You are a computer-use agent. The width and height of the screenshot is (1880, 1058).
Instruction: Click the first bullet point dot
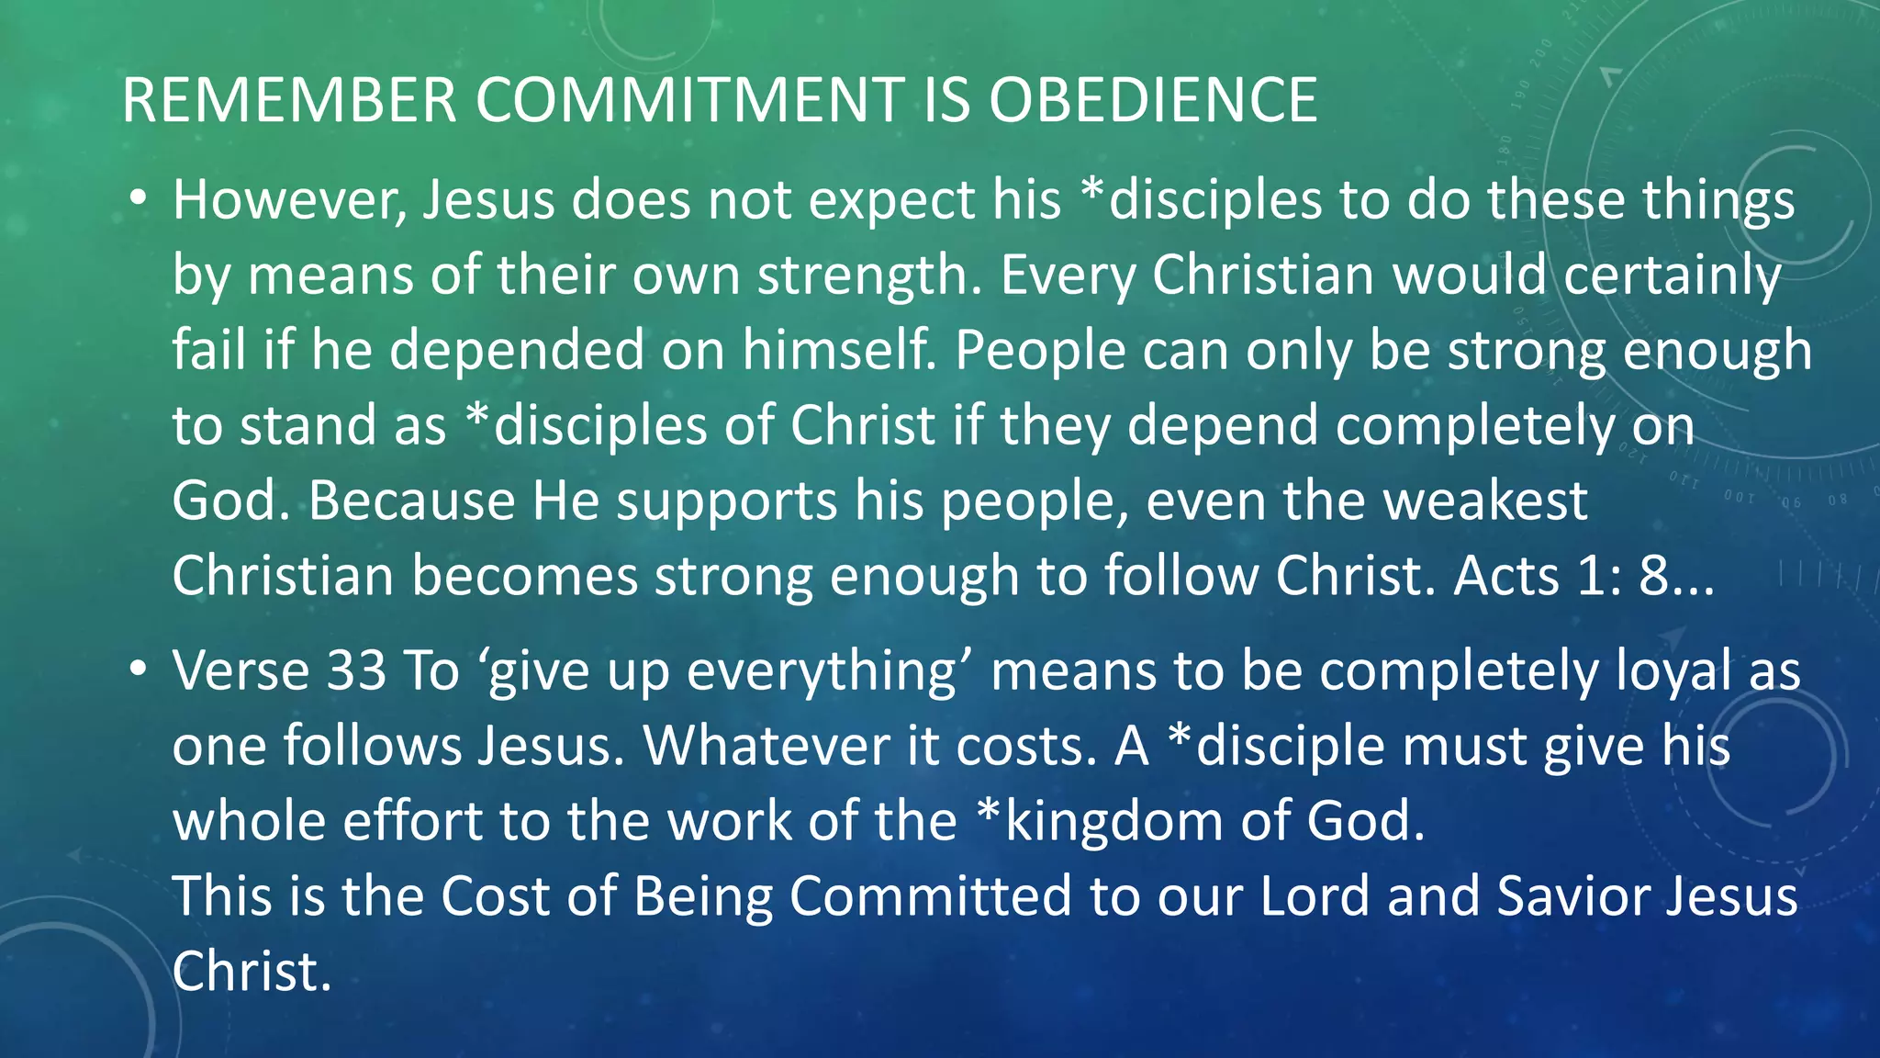coord(138,199)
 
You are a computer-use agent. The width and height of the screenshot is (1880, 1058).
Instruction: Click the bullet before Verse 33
coord(138,670)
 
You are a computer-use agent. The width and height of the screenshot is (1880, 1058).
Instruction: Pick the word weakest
coord(1484,501)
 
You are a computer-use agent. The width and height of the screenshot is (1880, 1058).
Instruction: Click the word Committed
coord(929,895)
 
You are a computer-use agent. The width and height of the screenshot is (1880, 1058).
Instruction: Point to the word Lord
coord(1315,895)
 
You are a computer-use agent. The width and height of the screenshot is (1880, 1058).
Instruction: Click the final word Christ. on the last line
coord(251,971)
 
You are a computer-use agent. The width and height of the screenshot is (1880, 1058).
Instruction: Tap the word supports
coord(726,502)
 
